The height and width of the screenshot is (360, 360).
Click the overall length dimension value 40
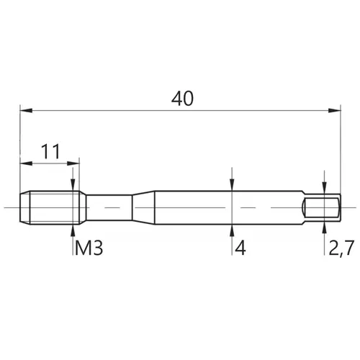(182, 99)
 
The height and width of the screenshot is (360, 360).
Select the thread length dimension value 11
(50, 151)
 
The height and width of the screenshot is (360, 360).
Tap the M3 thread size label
(89, 248)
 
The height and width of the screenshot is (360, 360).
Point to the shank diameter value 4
(240, 248)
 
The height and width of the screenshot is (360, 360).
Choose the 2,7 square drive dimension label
(341, 248)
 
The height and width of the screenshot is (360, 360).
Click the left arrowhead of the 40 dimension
(26, 111)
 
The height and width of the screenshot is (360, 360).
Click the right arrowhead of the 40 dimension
(334, 111)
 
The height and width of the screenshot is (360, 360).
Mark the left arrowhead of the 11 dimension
(26, 163)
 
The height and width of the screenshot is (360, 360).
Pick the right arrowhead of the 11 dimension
(73, 163)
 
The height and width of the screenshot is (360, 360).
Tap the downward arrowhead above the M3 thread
(73, 185)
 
